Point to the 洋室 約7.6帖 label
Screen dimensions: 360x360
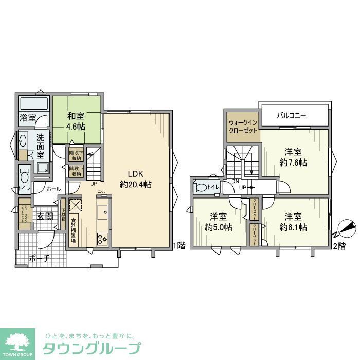tap(294, 157)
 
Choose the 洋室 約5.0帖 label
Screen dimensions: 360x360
tap(218, 222)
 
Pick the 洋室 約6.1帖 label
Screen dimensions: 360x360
tap(294, 222)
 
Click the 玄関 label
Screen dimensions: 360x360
tap(45, 217)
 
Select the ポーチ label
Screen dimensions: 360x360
tap(39, 259)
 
